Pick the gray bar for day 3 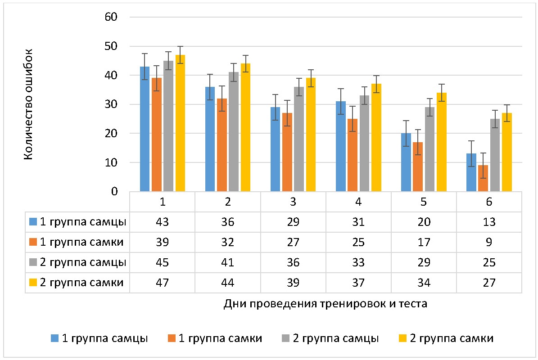[299, 139]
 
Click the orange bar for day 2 [222, 145]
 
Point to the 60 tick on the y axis [111, 18]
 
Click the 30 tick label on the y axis [111, 104]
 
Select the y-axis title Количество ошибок [28, 104]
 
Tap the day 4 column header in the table [358, 202]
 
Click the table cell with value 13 [489, 222]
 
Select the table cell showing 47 [162, 283]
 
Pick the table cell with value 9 [489, 242]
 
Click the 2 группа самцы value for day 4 [358, 263]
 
